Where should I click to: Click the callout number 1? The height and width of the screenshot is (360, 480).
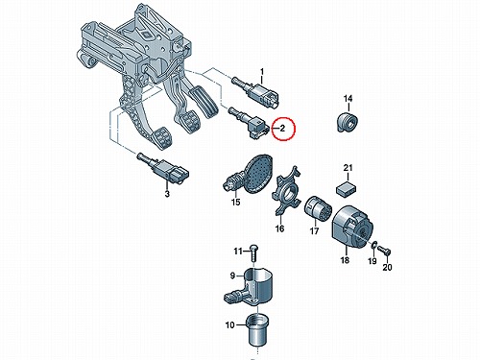(x=262, y=71)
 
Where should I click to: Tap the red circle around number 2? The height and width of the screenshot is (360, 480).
(x=284, y=129)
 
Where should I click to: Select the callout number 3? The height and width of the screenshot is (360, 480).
(x=167, y=194)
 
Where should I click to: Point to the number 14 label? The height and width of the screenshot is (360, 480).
(x=348, y=99)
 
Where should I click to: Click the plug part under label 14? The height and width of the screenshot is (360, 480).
(x=348, y=122)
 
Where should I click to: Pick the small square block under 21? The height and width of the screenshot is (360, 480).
(x=346, y=188)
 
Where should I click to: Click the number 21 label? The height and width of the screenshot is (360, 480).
(x=348, y=167)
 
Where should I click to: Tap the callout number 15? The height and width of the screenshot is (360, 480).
(x=236, y=203)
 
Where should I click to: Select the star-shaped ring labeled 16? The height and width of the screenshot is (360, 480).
(x=286, y=190)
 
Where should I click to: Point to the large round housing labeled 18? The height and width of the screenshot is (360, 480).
(x=351, y=227)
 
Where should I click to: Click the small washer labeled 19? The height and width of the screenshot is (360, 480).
(x=373, y=245)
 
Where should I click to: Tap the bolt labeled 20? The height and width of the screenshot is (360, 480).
(x=383, y=250)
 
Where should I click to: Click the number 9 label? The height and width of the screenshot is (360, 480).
(x=232, y=276)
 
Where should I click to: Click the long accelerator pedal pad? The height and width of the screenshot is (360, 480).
(x=204, y=102)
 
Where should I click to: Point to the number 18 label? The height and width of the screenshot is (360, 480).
(x=345, y=260)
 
